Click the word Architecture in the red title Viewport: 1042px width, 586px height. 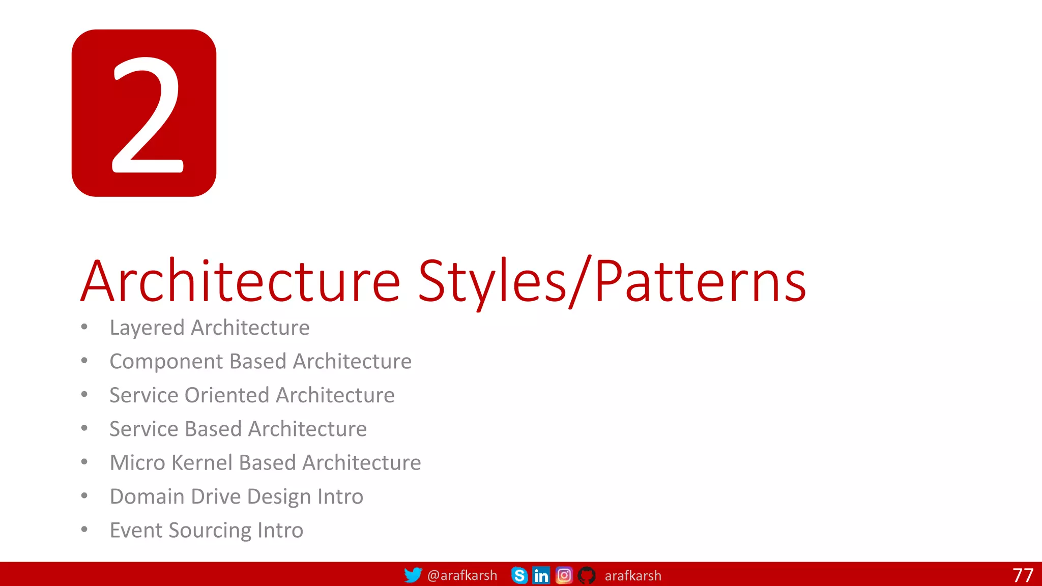[x=241, y=281]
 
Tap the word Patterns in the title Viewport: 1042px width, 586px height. [x=700, y=281]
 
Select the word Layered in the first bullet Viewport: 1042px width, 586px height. [x=147, y=328]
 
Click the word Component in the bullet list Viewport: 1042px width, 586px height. [x=166, y=362]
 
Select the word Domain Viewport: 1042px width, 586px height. [x=147, y=496]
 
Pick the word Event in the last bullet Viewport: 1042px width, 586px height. [x=136, y=531]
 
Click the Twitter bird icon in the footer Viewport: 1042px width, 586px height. [x=413, y=575]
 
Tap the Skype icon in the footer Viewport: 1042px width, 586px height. [x=519, y=575]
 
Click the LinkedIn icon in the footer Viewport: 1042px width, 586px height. [x=541, y=575]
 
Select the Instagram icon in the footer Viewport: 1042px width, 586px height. [x=564, y=575]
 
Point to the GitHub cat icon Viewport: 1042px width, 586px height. [x=587, y=575]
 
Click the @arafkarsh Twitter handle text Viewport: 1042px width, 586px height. [x=462, y=575]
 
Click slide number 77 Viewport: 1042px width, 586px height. [x=1023, y=575]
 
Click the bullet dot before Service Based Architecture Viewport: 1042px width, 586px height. [x=84, y=428]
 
